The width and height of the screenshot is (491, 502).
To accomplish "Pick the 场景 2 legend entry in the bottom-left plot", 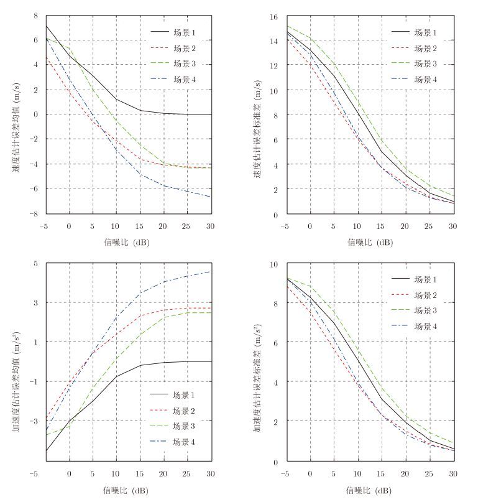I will pyautogui.click(x=184, y=411).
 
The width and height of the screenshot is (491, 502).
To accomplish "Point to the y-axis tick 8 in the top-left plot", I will pyautogui.click(x=35, y=16).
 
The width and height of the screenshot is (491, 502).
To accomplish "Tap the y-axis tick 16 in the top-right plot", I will pyautogui.click(x=273, y=16).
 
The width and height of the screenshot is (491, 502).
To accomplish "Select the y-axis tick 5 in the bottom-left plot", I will pyautogui.click(x=35, y=264).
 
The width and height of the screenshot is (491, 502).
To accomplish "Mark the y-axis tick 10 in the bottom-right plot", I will pyautogui.click(x=273, y=264).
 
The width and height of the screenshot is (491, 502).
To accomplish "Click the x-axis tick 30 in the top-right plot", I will pyautogui.click(x=452, y=225).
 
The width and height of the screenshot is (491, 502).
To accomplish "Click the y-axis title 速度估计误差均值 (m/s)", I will pyautogui.click(x=14, y=114).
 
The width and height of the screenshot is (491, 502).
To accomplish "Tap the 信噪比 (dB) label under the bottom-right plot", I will pyautogui.click(x=369, y=490).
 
